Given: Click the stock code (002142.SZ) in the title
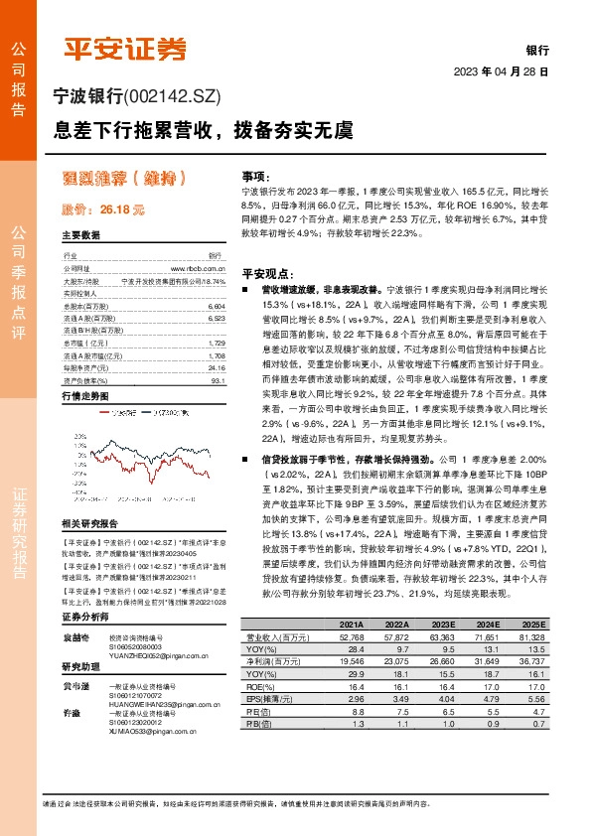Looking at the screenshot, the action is [178, 97].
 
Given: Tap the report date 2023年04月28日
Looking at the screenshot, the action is [501, 72].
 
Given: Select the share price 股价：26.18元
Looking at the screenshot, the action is [103, 210].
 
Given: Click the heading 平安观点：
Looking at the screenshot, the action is [267, 271].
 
